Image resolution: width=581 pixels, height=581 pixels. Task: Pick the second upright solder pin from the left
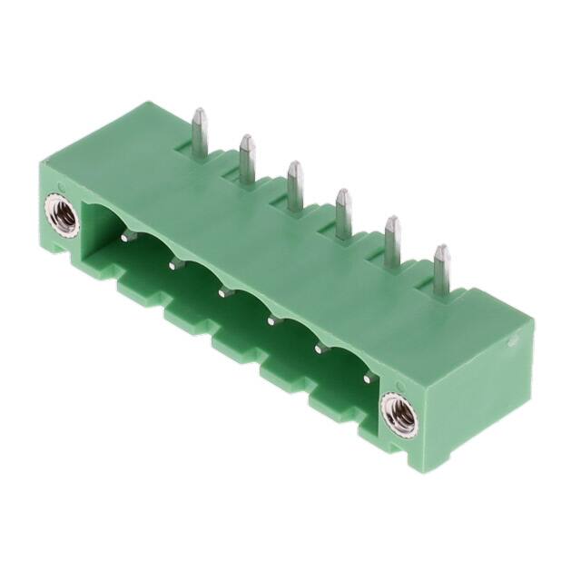246,155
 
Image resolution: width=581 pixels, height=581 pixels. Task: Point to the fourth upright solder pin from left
343,209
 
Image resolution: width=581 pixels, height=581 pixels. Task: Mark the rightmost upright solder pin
441,267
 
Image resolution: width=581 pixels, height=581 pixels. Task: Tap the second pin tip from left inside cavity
172,264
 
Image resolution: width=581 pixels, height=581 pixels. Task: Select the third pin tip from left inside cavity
222,292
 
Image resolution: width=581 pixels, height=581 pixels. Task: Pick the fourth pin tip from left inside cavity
271,320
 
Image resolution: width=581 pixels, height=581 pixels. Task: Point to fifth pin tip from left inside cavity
319,347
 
